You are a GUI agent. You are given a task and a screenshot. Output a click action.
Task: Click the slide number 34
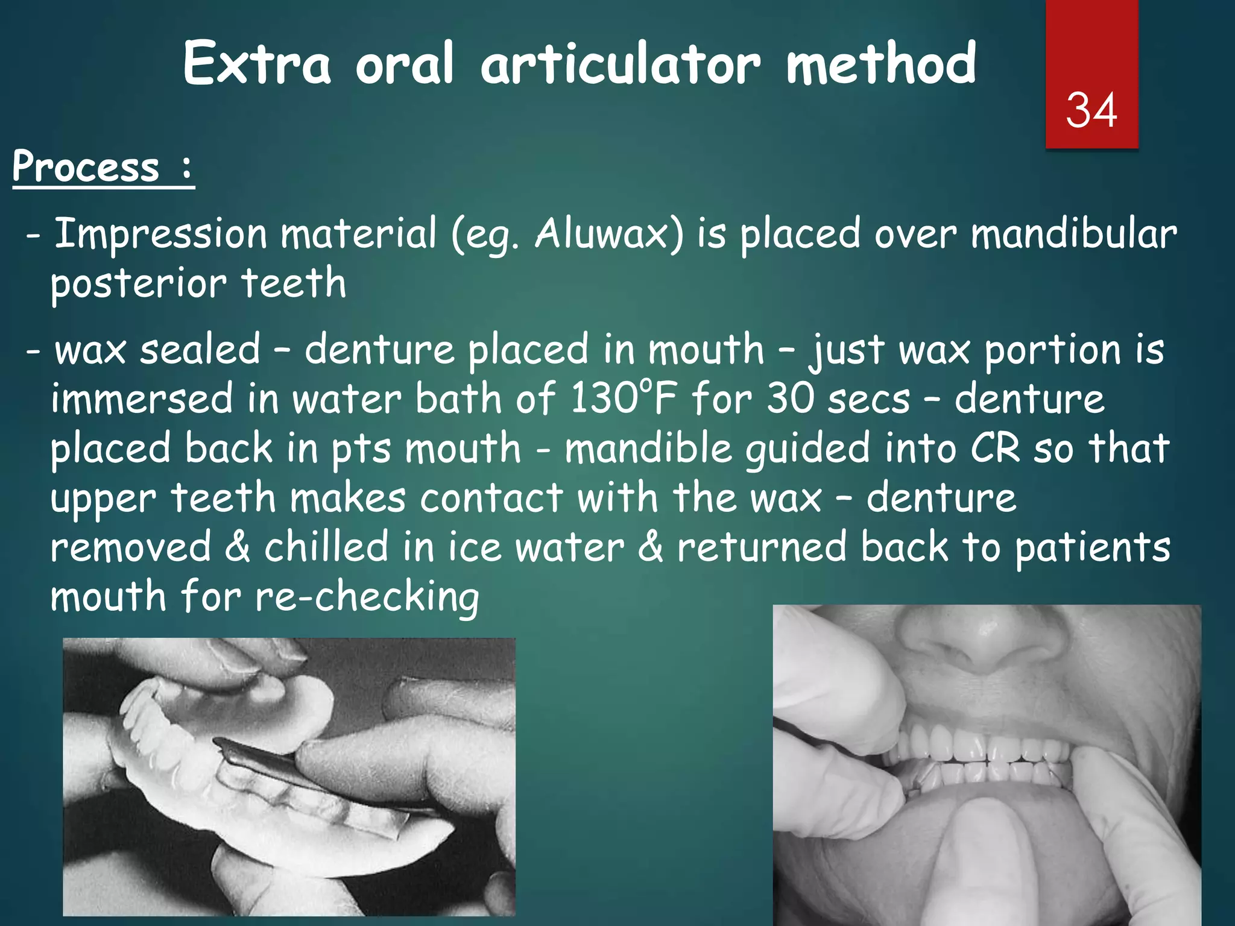click(1091, 110)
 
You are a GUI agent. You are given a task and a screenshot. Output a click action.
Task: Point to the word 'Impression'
click(160, 235)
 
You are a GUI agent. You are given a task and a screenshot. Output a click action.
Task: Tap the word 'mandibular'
click(1073, 234)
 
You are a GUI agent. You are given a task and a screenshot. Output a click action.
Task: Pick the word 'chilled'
click(326, 547)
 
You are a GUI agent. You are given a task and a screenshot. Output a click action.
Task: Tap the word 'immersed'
click(142, 399)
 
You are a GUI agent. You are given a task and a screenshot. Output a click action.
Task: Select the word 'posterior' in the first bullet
click(138, 285)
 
